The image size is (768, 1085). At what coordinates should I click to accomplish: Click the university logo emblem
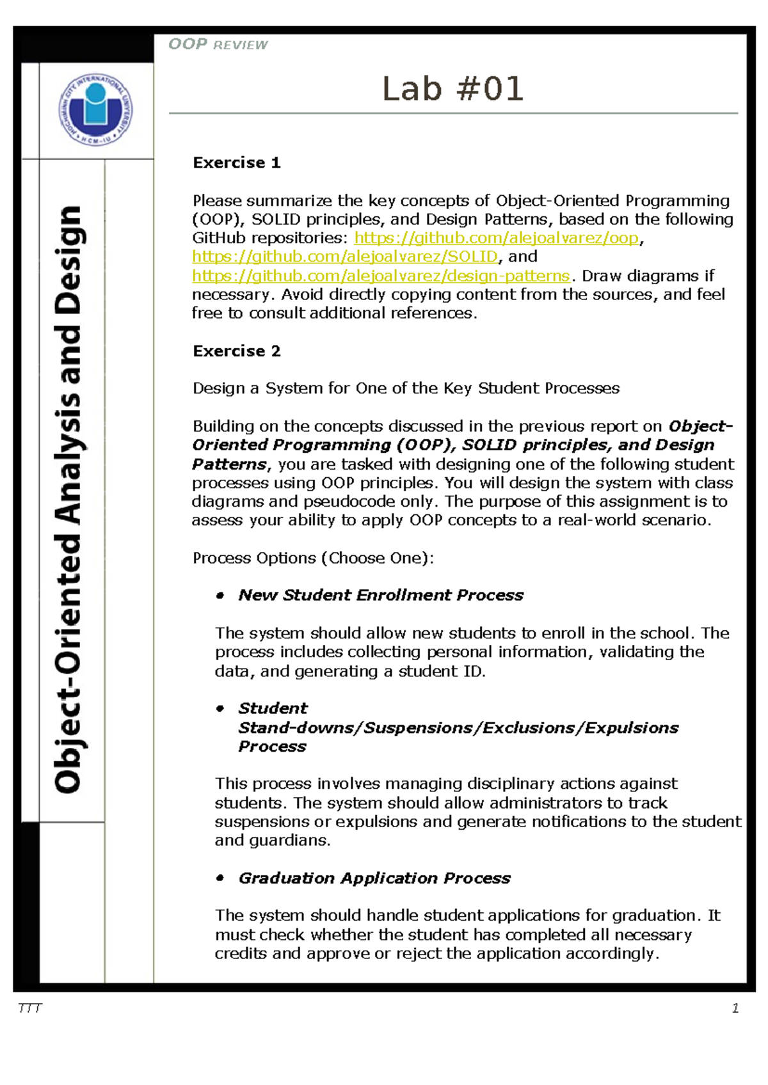tap(95, 109)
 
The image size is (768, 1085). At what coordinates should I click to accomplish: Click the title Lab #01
tap(452, 89)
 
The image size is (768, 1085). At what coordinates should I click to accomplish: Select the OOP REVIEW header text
tap(218, 45)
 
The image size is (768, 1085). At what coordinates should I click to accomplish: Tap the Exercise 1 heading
tap(236, 163)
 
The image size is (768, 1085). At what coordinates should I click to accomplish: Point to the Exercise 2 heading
tap(236, 351)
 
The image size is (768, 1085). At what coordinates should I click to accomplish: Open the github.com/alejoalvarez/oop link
tap(496, 238)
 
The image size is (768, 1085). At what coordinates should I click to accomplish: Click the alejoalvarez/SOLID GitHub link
tap(344, 257)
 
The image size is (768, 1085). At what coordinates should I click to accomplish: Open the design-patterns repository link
tap(381, 276)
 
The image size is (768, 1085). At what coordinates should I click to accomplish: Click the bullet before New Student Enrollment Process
tap(220, 596)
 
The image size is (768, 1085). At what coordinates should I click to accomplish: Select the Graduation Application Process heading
tap(374, 878)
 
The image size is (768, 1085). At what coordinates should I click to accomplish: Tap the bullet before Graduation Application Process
tap(220, 878)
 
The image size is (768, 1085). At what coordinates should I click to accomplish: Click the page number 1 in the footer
tap(735, 1009)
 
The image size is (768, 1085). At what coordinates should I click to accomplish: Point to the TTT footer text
tap(30, 1009)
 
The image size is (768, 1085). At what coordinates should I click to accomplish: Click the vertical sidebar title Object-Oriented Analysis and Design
tap(68, 499)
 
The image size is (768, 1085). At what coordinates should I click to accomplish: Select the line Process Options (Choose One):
tap(313, 558)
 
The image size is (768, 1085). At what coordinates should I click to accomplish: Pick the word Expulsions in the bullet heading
tap(631, 728)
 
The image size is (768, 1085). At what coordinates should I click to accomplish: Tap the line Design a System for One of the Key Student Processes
tap(406, 388)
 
